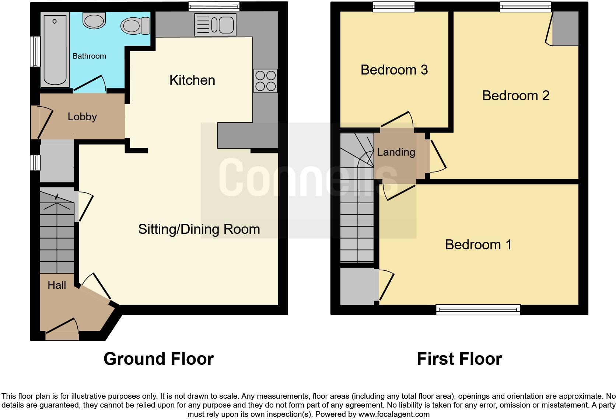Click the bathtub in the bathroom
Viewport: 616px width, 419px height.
(x=55, y=50)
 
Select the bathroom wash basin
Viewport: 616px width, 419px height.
(x=94, y=21)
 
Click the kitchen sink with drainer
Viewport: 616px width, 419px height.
(x=215, y=25)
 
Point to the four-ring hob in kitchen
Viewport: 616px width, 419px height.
(x=265, y=80)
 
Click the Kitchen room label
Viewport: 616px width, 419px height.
(x=192, y=80)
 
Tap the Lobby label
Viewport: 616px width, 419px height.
(x=82, y=117)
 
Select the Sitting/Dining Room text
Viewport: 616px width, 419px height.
(x=199, y=229)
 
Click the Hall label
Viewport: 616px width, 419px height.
(x=57, y=285)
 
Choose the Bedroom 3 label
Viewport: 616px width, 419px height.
(x=394, y=70)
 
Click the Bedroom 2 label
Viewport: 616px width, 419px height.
(x=515, y=96)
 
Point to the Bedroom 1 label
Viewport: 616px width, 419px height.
(x=478, y=245)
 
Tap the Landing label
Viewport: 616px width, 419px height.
(x=396, y=152)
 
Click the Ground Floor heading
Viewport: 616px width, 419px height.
(x=158, y=359)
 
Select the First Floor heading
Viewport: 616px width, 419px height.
(x=459, y=359)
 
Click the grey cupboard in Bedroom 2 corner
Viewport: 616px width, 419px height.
(x=566, y=29)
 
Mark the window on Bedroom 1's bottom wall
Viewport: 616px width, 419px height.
(x=478, y=309)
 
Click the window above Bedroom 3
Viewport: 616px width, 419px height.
(x=393, y=6)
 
